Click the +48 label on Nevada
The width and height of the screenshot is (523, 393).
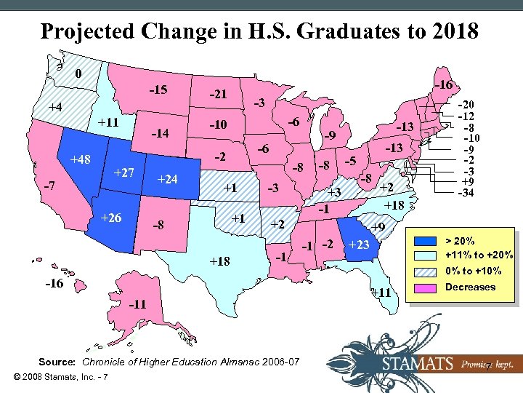(81, 159)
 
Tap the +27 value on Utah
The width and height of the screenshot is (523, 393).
(126, 172)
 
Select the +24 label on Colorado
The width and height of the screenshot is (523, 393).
(169, 179)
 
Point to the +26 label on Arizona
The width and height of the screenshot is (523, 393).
(111, 218)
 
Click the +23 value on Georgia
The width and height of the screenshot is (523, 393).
(359, 245)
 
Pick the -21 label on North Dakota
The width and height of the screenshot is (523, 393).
(218, 94)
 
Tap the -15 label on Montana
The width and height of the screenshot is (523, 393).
(158, 90)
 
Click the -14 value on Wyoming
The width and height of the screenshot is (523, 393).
(160, 133)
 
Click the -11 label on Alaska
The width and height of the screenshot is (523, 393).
(137, 303)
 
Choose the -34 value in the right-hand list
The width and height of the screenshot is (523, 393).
(467, 194)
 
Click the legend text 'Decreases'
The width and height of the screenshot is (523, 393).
(471, 287)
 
